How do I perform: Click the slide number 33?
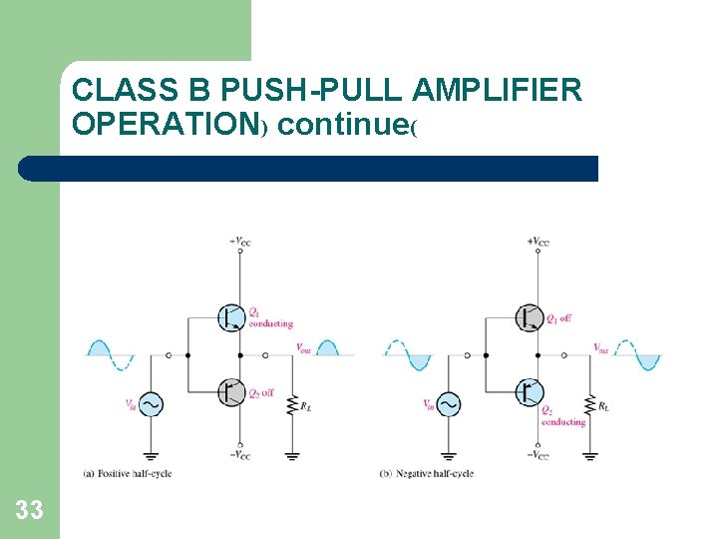[x=29, y=510]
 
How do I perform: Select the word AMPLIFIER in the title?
[x=497, y=91]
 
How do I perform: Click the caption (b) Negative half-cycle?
[x=427, y=473]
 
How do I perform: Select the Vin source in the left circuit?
[x=152, y=404]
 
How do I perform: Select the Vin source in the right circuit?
[x=449, y=404]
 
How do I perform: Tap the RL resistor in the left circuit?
[x=293, y=405]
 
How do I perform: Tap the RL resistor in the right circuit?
[x=590, y=405]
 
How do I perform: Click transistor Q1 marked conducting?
[x=230, y=317]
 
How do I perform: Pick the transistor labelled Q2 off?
[x=230, y=392]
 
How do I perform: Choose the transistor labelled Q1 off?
[x=529, y=317]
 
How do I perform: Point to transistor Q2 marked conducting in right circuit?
[x=529, y=392]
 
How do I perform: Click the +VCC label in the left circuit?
[x=240, y=241]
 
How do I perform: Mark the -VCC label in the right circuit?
[x=538, y=455]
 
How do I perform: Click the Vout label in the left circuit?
[x=304, y=347]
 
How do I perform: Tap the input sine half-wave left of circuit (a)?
[x=111, y=349]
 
